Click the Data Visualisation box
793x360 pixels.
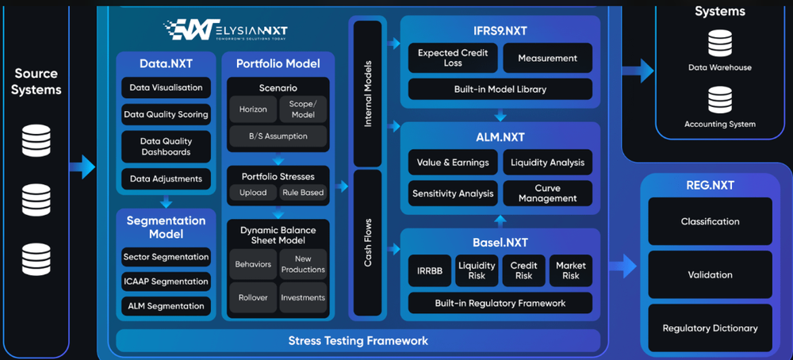[166, 87]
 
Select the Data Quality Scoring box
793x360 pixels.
[166, 114]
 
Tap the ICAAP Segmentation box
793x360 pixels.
[166, 281]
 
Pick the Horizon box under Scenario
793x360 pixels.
[254, 109]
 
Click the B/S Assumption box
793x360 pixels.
[278, 136]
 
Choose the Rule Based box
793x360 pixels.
[303, 193]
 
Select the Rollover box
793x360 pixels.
[253, 297]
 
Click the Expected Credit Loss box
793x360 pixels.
[453, 58]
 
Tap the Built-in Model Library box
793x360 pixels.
[500, 89]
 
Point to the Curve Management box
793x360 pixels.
[547, 193]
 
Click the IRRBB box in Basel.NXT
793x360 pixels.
[429, 270]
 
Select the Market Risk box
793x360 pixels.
[570, 270]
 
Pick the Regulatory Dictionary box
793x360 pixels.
[710, 328]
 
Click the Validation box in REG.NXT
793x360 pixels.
[710, 275]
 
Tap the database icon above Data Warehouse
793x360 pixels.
[719, 43]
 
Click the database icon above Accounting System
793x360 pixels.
[719, 100]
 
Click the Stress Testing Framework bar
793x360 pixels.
[358, 341]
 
